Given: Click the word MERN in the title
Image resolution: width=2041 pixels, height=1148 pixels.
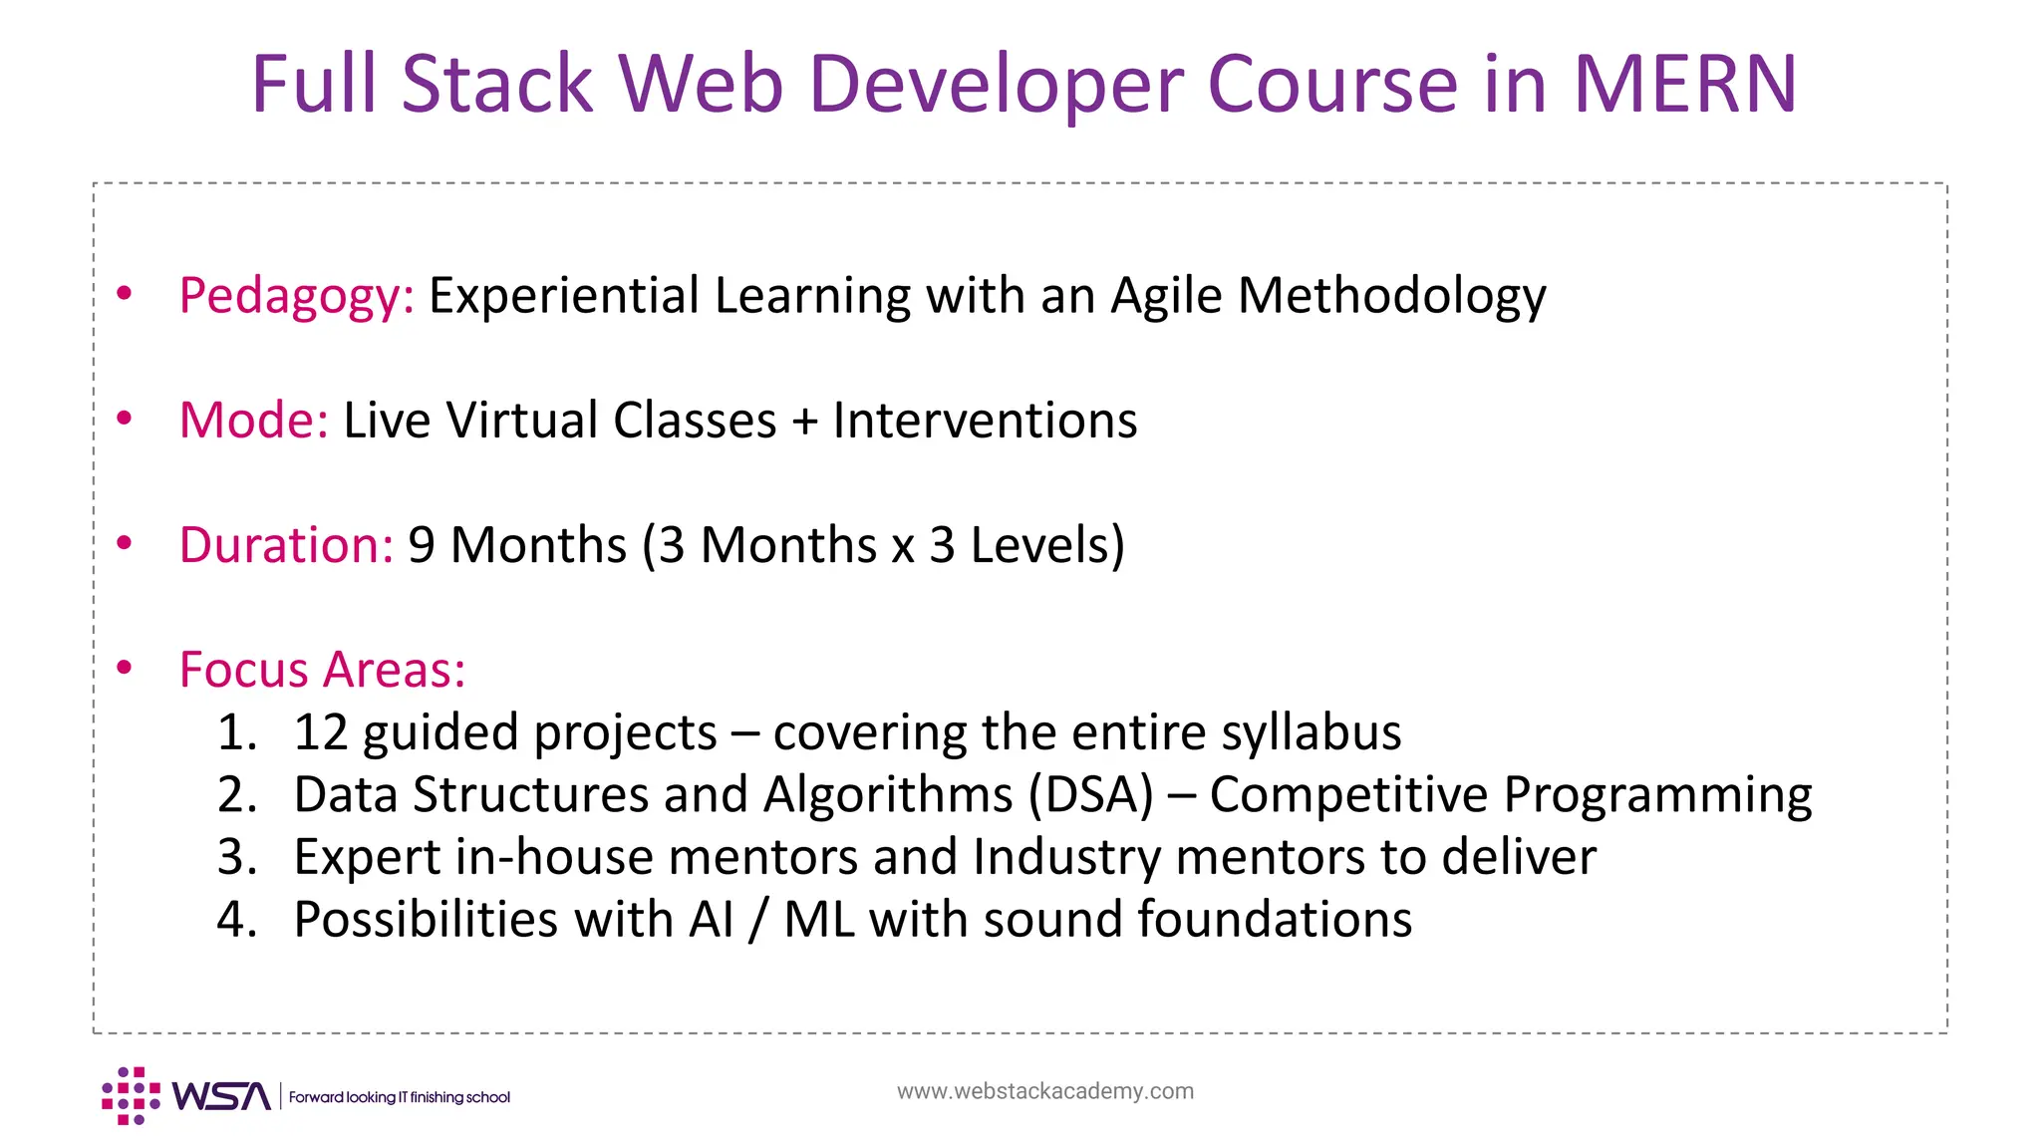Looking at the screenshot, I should [1684, 84].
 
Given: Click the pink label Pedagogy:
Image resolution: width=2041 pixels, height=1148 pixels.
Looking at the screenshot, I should [296, 296].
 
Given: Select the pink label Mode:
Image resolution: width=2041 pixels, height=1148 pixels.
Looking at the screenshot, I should [253, 420].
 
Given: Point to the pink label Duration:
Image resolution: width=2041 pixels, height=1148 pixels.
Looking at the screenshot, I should [286, 545].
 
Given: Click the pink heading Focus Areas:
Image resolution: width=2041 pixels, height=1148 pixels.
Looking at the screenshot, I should [322, 669].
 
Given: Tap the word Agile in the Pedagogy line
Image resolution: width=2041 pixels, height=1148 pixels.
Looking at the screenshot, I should [1166, 296].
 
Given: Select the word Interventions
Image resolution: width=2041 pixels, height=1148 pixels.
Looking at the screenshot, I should [985, 420].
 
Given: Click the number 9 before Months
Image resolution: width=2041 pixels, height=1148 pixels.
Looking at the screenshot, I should [421, 545].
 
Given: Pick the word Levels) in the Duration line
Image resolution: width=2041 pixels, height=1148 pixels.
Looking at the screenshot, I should [1046, 545].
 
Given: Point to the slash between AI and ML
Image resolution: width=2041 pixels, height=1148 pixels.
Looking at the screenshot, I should [758, 920].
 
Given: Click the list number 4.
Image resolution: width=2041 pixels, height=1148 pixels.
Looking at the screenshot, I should [236, 919].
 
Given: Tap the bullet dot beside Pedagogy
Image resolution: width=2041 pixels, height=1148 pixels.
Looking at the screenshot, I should [125, 293].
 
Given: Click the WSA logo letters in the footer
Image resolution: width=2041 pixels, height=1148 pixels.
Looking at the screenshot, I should [220, 1096].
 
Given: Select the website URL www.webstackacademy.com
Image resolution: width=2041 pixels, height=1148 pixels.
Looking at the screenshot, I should [1044, 1091].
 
